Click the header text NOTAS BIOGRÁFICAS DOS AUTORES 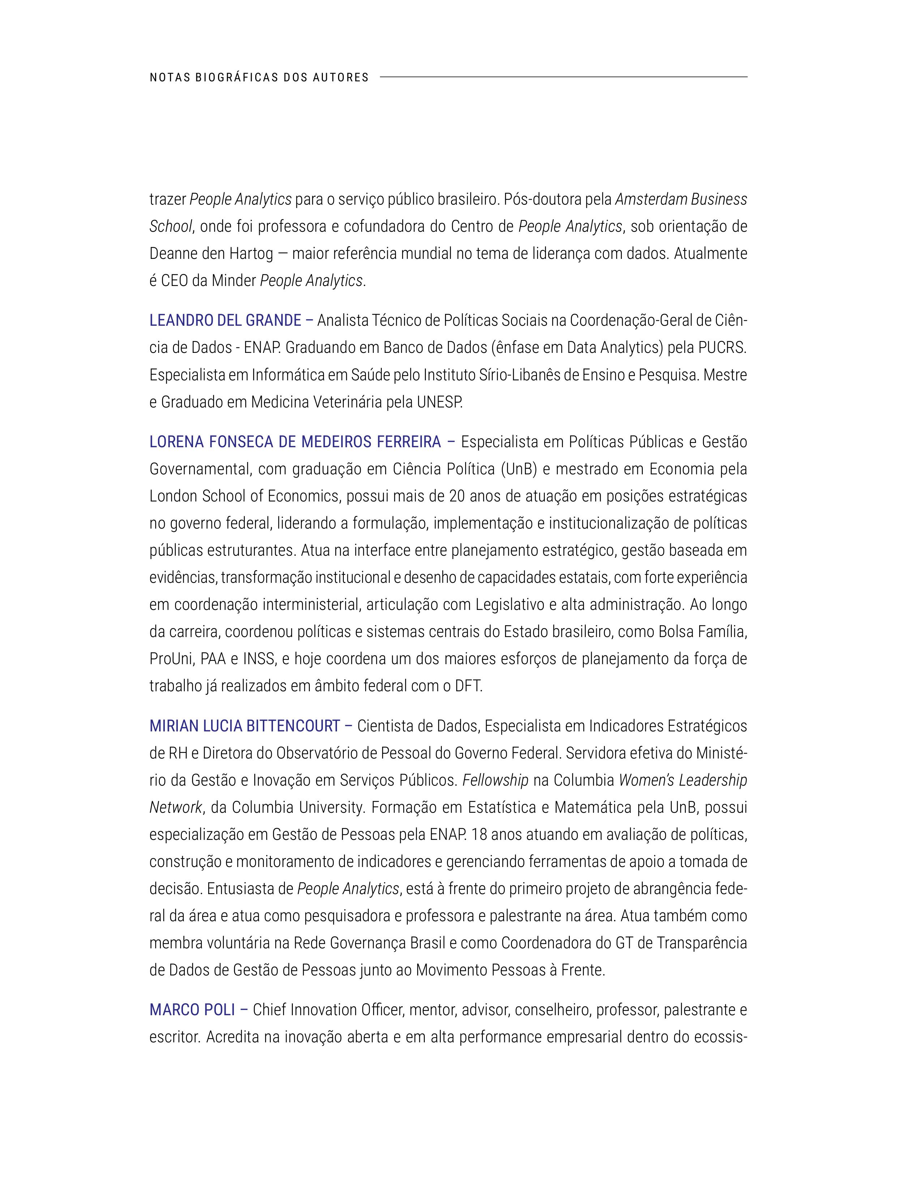coord(259,77)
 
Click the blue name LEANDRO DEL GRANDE coord(225,321)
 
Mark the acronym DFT coord(468,686)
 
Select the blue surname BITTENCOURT coord(292,726)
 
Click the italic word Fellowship coord(495,780)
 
